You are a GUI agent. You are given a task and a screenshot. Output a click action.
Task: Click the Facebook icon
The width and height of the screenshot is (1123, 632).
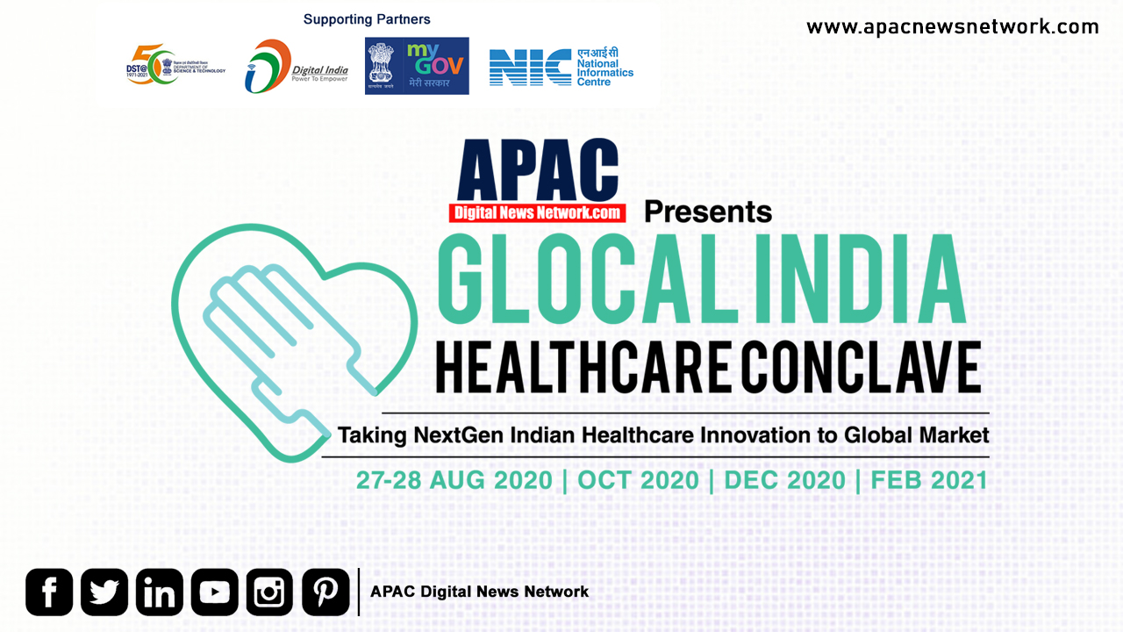click(x=49, y=592)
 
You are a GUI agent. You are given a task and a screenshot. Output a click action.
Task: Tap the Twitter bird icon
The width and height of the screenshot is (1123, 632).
click(x=104, y=592)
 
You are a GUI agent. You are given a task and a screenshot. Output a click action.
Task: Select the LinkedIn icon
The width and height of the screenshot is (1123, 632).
click(x=160, y=592)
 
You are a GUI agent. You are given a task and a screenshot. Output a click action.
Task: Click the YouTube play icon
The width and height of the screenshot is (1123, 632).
click(x=215, y=592)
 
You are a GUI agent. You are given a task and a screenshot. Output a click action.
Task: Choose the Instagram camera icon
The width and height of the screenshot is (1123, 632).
click(x=270, y=592)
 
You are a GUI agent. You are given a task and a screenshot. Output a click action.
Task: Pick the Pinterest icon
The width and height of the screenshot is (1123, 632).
click(x=325, y=592)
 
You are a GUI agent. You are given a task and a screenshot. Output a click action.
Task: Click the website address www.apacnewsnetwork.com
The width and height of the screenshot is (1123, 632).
click(x=953, y=27)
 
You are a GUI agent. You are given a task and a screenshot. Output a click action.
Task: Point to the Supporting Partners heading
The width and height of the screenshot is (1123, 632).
click(x=367, y=18)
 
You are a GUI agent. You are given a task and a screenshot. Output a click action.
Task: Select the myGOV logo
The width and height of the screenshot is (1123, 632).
click(x=417, y=66)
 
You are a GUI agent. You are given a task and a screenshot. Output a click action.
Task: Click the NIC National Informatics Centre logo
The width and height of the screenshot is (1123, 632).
click(x=561, y=67)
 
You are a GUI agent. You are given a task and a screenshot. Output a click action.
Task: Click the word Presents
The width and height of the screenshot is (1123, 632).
click(x=708, y=212)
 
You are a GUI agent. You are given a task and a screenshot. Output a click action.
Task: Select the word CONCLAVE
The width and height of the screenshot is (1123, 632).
click(x=858, y=369)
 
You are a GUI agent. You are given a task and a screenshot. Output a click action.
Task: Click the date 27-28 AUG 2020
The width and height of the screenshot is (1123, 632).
click(x=454, y=480)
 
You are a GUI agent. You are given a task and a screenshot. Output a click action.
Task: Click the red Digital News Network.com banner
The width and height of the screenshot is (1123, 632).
click(x=537, y=212)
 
